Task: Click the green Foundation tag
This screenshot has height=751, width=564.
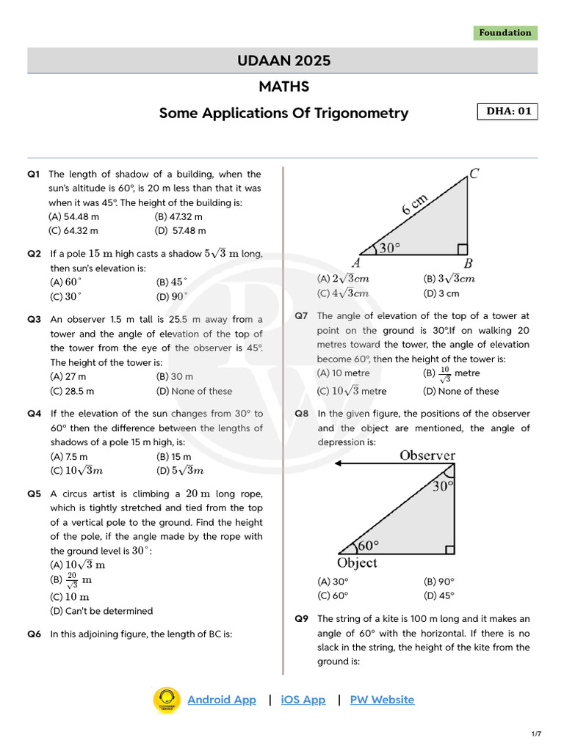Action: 505,33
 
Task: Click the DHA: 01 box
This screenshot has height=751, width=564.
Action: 507,111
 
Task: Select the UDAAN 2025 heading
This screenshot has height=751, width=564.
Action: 283,61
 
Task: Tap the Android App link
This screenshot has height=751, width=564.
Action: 222,700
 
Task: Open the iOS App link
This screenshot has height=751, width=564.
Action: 303,700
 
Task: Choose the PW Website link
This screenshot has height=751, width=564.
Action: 382,700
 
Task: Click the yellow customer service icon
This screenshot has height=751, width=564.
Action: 167,700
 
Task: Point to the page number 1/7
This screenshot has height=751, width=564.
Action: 536,734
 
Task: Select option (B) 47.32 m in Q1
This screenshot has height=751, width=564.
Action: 178,216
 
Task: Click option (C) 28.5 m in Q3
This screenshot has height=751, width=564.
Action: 72,391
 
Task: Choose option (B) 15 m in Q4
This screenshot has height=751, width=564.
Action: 173,456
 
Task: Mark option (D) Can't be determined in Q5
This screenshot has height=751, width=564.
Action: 101,611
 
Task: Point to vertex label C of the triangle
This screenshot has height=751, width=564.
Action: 474,174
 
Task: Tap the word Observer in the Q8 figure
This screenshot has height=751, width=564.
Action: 427,455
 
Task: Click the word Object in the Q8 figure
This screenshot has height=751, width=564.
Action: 357,563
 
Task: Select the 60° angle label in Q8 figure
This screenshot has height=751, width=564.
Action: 366,546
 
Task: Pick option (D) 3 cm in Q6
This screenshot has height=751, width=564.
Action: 441,293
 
